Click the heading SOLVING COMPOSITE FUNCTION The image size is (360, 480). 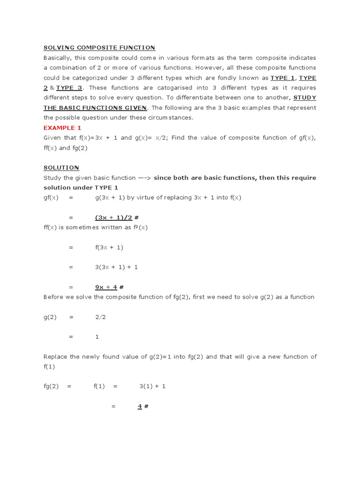pos(99,48)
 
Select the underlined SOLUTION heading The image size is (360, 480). pos(61,167)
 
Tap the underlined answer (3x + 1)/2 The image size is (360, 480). pos(113,217)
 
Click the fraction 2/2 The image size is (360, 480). pos(100,317)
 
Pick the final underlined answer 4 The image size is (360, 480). pos(140,406)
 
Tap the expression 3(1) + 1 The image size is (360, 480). pos(152,386)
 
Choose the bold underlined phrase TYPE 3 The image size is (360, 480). pos(69,88)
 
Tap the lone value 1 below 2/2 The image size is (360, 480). pos(97,337)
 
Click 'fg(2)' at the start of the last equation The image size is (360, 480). pos(51,386)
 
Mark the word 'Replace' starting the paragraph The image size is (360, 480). pos(56,357)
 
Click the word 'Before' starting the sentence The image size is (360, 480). pos(54,297)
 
